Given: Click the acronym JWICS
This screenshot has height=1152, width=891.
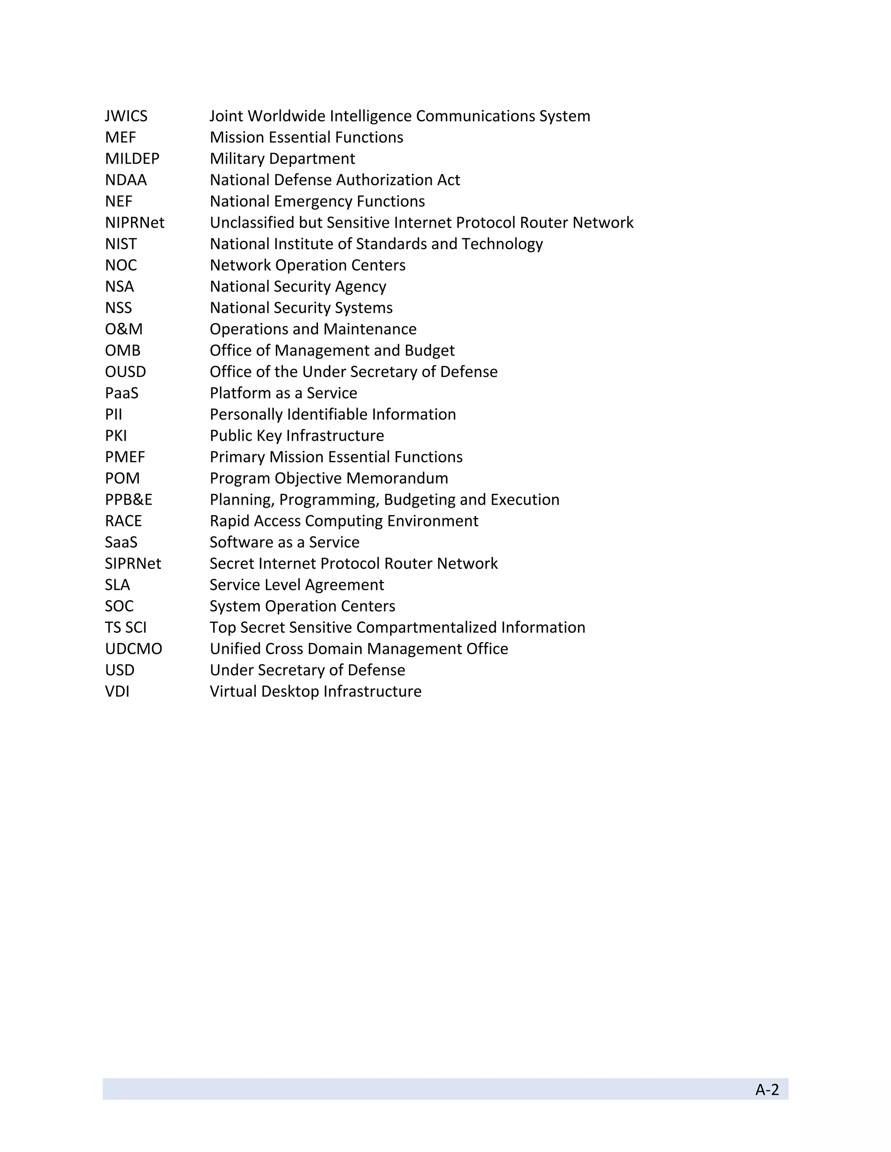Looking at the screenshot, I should tap(126, 116).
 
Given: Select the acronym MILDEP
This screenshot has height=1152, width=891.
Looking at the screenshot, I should tap(132, 159).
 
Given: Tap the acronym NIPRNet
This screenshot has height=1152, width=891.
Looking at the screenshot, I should tap(134, 223).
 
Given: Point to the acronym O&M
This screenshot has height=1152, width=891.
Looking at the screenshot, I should tap(124, 329).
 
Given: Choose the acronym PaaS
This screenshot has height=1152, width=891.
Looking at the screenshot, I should tap(121, 393).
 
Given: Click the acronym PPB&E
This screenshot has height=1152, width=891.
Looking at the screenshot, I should tap(128, 499).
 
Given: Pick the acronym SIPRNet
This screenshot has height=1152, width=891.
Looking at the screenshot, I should tap(133, 563).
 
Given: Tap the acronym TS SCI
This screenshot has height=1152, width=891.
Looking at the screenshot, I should tap(126, 627).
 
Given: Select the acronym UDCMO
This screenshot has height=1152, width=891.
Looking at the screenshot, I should tap(134, 649).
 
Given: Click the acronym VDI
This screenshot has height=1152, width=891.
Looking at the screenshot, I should tap(117, 692).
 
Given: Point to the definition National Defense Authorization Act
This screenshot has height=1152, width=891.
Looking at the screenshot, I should tap(335, 180).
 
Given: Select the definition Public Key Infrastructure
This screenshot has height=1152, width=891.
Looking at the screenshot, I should tap(297, 436).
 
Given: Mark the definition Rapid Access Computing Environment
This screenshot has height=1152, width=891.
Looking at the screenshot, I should tap(344, 521).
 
